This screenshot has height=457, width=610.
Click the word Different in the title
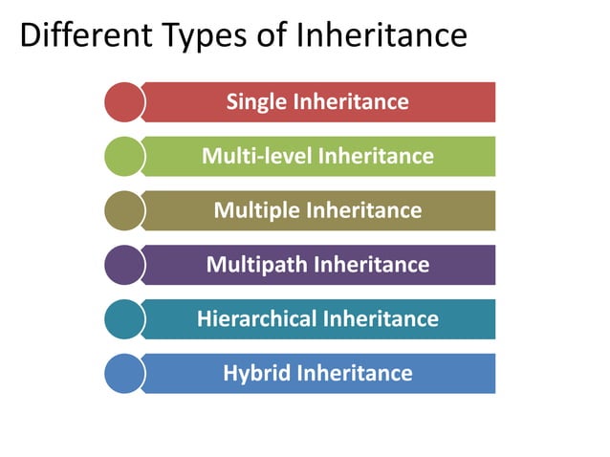pyautogui.click(x=78, y=36)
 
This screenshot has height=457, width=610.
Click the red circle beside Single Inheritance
pyautogui.click(x=123, y=102)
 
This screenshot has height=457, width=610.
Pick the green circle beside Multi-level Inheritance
pyautogui.click(x=123, y=156)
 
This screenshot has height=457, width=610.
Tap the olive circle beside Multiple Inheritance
pyautogui.click(x=123, y=210)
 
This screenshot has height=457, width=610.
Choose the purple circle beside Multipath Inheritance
pyautogui.click(x=123, y=265)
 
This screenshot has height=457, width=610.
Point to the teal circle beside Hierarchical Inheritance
pyautogui.click(x=123, y=319)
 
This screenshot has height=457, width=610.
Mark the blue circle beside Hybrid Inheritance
pyautogui.click(x=123, y=373)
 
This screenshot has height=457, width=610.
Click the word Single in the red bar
pyautogui.click(x=254, y=101)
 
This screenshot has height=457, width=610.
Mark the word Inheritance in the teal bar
pyautogui.click(x=380, y=318)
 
